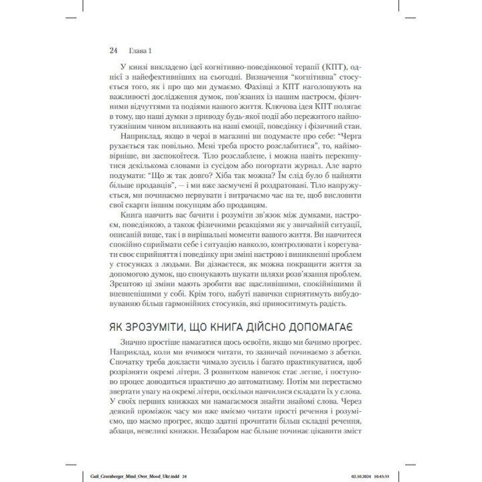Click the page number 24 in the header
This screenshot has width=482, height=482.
click(113, 50)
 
